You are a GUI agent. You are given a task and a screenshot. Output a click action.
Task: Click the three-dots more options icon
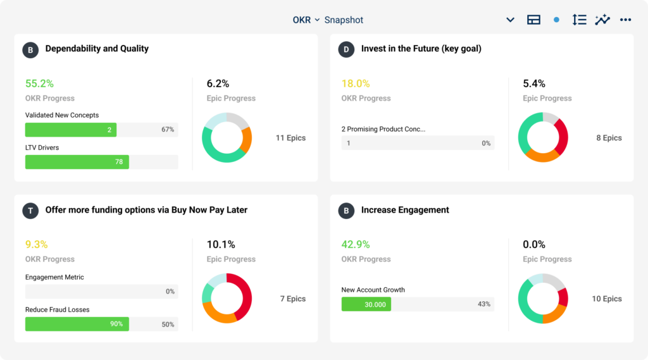(x=625, y=20)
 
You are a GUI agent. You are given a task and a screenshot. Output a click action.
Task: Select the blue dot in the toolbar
(x=556, y=20)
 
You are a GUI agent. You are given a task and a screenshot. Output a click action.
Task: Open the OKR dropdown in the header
(x=306, y=20)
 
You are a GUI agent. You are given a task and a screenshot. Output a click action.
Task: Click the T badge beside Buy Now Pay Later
(x=30, y=211)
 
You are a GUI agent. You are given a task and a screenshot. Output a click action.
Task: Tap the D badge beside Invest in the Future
(x=346, y=49)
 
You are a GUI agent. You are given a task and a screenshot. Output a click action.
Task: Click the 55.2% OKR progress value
(x=39, y=84)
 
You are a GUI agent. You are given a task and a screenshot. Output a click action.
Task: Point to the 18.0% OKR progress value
(x=355, y=84)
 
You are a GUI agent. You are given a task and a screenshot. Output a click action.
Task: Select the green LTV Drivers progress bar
(x=77, y=162)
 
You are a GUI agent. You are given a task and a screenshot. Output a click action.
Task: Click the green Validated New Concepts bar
(x=70, y=130)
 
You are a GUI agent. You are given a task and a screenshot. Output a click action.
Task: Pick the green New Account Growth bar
(x=366, y=304)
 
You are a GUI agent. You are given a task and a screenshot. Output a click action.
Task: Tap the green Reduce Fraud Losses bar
(x=77, y=324)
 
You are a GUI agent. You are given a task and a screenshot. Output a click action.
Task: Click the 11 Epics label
(x=290, y=138)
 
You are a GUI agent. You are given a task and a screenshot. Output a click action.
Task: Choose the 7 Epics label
(x=292, y=299)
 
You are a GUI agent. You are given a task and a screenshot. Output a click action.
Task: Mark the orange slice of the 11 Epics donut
(x=246, y=140)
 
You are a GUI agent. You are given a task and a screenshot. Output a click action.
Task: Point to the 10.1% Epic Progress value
(x=221, y=244)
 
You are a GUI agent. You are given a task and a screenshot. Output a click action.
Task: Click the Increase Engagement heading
(x=405, y=210)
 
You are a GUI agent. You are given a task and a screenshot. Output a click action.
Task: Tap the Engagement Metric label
(x=54, y=277)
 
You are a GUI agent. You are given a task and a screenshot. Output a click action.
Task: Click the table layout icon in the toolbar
(x=533, y=20)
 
